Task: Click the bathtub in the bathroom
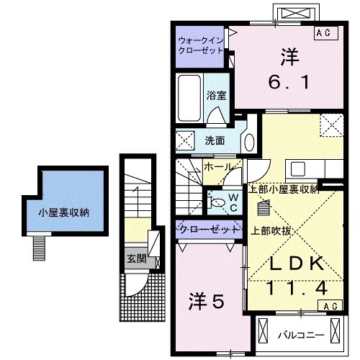189,99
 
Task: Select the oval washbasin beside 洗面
248,138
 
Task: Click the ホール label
217,166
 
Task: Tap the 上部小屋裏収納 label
283,189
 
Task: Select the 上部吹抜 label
271,231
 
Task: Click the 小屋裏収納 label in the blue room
64,212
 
